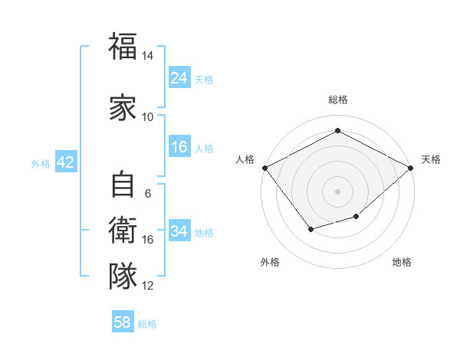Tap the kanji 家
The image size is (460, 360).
click(x=123, y=106)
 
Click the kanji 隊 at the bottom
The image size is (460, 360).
click(x=123, y=276)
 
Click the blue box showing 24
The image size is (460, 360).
click(x=179, y=78)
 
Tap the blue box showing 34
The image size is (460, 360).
click(x=179, y=231)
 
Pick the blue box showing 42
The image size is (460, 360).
click(x=65, y=162)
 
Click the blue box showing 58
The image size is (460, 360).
click(x=123, y=322)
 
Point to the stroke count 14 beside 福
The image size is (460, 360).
click(x=147, y=57)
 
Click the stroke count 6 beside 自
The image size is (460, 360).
click(x=147, y=194)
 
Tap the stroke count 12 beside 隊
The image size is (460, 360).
click(x=148, y=286)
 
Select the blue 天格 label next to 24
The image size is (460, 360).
click(x=204, y=80)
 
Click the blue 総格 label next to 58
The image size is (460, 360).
click(x=147, y=324)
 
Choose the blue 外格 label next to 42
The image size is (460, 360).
click(x=41, y=164)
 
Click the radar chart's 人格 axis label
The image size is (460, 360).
click(x=245, y=159)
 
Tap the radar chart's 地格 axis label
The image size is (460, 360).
click(x=402, y=262)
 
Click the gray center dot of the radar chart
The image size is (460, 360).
click(x=337, y=191)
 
